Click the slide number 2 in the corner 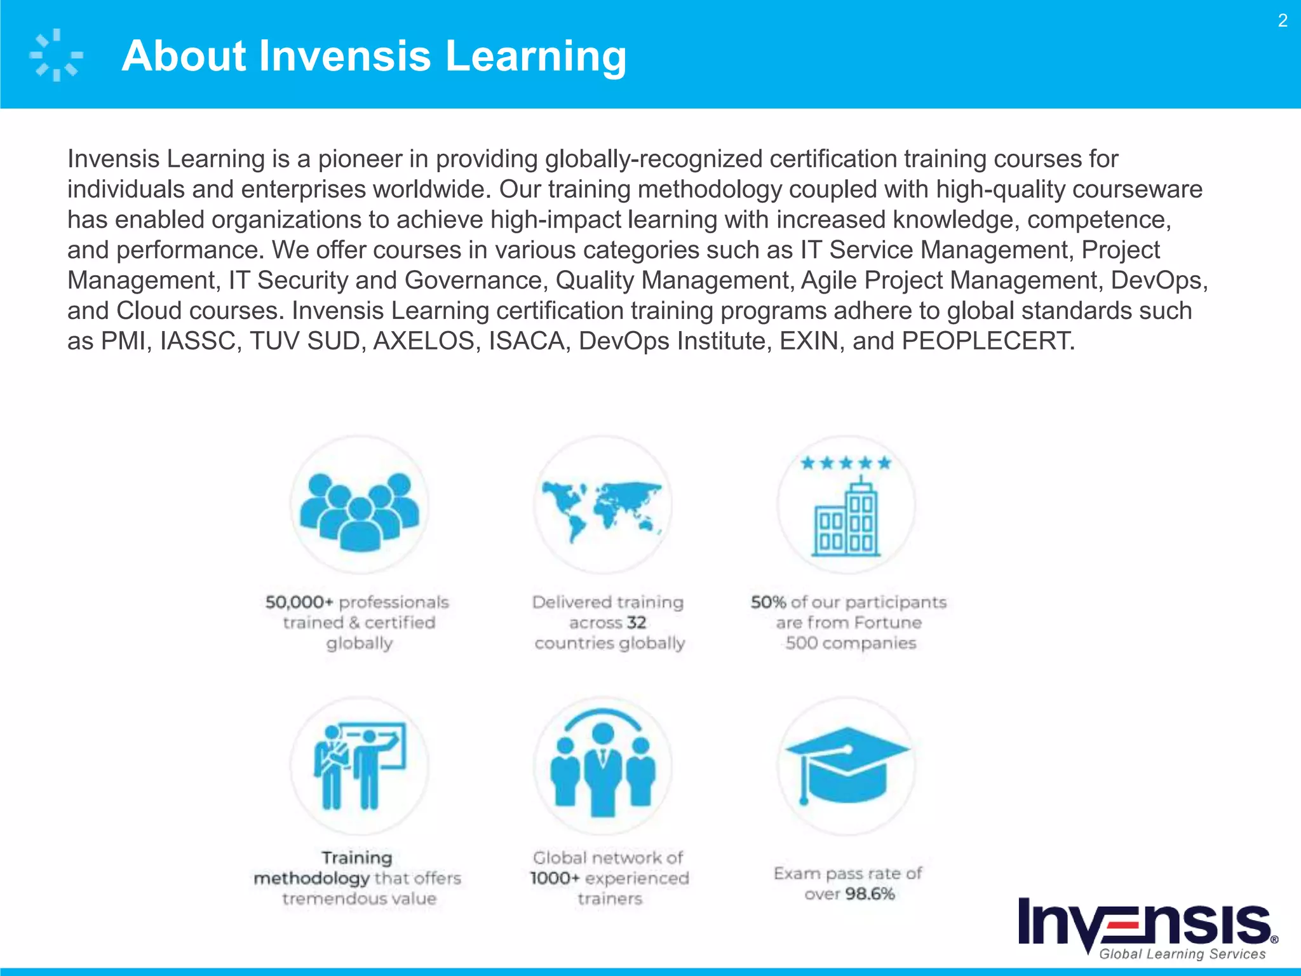(1283, 21)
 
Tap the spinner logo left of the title (56, 55)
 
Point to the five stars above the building (846, 463)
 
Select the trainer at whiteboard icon (360, 765)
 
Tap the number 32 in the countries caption (636, 623)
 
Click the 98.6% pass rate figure (870, 894)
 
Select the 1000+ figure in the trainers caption (555, 878)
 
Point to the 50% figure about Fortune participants (768, 602)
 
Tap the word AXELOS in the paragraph (424, 341)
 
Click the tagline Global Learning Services (1182, 954)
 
